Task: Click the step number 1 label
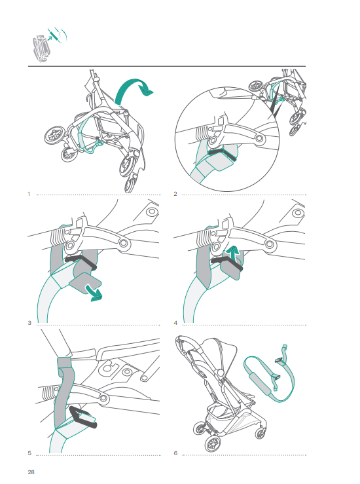[x=29, y=194]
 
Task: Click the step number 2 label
[x=175, y=194]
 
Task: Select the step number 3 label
[x=29, y=323]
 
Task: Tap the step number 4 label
[x=175, y=323]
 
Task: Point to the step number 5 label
[x=29, y=453]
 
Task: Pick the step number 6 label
[x=175, y=453]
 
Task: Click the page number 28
[x=31, y=472]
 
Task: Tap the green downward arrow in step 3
[x=94, y=293]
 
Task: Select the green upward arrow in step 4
[x=233, y=254]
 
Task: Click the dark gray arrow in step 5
[x=82, y=417]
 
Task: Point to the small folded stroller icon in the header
[x=41, y=48]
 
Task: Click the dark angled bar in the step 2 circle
[x=222, y=155]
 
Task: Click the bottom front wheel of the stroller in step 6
[x=213, y=444]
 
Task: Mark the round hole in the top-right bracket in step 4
[x=298, y=213]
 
